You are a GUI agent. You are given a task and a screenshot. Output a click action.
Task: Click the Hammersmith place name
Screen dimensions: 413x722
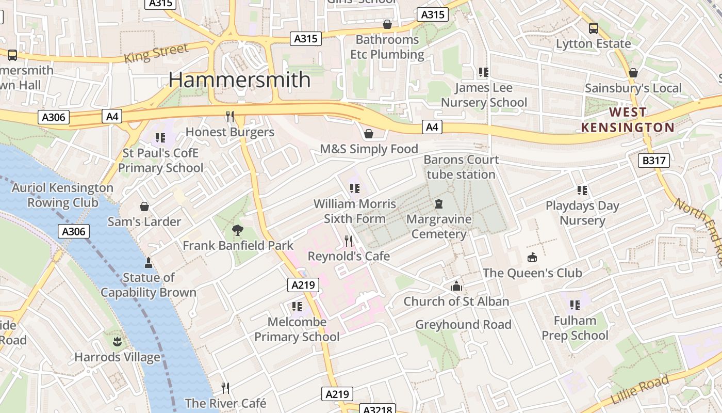click(x=239, y=80)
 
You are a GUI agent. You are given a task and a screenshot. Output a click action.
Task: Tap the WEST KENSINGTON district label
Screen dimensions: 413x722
click(x=628, y=120)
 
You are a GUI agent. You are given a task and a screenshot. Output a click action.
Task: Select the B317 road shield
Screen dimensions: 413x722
click(x=653, y=161)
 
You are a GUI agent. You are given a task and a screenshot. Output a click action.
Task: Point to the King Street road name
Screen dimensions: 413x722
click(x=156, y=53)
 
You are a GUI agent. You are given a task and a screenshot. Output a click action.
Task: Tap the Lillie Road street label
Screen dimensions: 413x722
click(x=639, y=389)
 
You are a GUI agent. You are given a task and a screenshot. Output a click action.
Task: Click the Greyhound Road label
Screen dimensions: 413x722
click(x=463, y=325)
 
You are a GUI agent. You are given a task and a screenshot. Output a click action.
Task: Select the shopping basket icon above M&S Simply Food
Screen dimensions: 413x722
click(x=369, y=134)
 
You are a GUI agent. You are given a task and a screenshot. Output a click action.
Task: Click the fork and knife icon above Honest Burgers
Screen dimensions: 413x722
click(x=230, y=117)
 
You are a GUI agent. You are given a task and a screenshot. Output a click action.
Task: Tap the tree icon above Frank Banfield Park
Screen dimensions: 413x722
click(x=238, y=230)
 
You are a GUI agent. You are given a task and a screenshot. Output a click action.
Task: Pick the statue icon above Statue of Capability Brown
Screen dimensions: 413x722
click(x=149, y=263)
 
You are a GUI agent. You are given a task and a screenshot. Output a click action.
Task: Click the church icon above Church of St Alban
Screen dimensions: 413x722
click(x=456, y=286)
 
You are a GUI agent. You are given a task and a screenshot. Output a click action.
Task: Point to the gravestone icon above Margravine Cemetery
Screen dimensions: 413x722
click(x=439, y=204)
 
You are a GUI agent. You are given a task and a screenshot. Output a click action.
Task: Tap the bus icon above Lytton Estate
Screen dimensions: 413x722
click(x=594, y=28)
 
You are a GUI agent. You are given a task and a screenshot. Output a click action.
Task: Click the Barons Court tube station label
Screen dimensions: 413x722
click(x=461, y=167)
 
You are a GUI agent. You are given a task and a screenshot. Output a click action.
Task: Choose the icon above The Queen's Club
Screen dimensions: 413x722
click(x=532, y=257)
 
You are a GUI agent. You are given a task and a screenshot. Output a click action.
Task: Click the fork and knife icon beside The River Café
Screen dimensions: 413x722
click(x=225, y=388)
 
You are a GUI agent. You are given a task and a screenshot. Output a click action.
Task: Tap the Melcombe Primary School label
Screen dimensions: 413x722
click(x=297, y=329)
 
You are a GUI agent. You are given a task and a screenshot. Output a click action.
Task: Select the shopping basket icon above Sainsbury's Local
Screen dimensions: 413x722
click(x=633, y=73)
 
